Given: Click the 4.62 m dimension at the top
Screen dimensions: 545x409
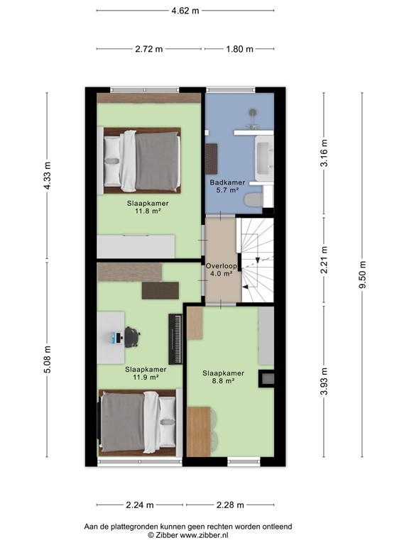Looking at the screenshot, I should click(185, 11).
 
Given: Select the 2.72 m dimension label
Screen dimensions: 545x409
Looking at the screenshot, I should click(149, 49).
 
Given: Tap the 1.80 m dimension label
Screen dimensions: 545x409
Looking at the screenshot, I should click(239, 49).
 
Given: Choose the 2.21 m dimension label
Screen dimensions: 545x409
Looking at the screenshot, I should click(324, 261).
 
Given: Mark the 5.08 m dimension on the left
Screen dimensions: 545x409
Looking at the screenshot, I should click(48, 360).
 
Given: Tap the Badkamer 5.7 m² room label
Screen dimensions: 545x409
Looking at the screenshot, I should click(227, 187).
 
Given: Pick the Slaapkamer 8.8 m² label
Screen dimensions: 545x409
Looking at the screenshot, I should click(223, 377).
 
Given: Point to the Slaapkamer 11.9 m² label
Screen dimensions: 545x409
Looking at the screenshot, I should click(146, 373).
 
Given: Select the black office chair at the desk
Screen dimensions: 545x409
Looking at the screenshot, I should click(132, 336).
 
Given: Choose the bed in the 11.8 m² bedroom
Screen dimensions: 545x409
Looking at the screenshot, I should click(142, 160).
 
